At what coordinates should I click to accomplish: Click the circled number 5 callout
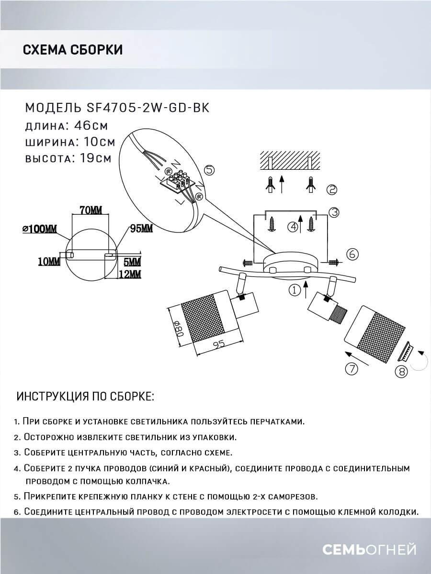pos(209,170)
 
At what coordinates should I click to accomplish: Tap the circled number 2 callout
pos(331,189)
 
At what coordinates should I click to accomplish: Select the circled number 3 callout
pos(334,212)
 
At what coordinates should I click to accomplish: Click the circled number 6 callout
pos(352,254)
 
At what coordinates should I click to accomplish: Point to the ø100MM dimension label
pos(39,229)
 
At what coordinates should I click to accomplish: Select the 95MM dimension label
pos(140,229)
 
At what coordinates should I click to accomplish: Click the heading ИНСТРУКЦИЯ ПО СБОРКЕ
pos(86,397)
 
